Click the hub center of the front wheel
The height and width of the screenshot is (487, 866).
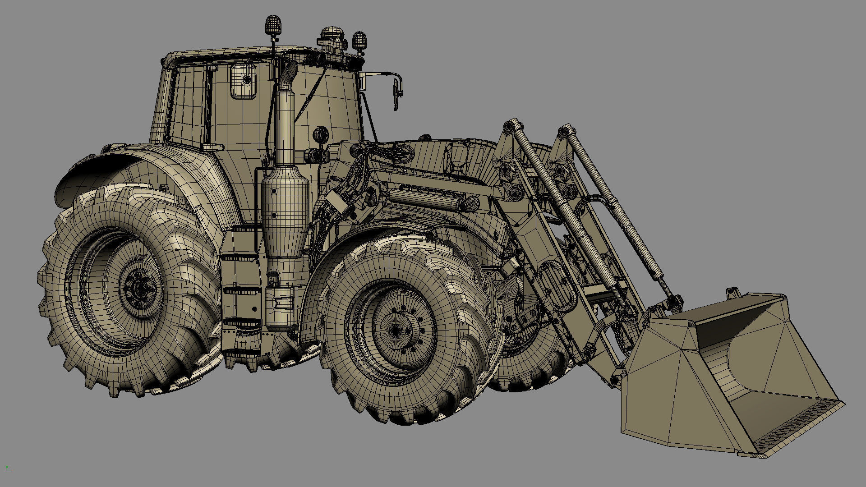(396, 331)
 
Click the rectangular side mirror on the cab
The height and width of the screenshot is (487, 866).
(244, 81)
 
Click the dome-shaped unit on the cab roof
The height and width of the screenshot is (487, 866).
(333, 38)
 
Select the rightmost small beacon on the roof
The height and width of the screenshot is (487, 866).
(359, 40)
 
